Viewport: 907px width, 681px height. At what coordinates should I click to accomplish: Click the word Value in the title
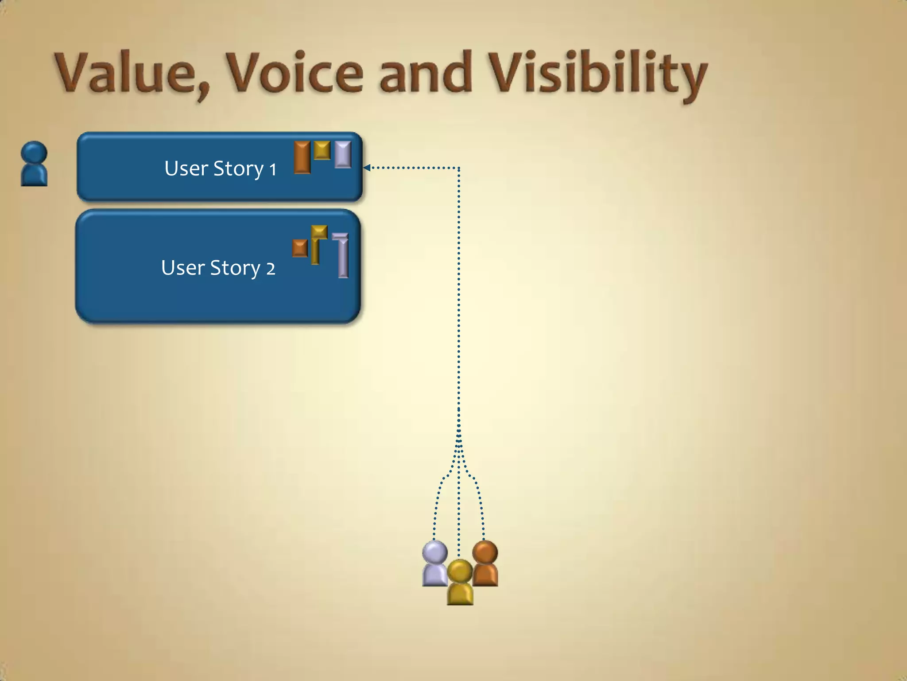click(x=125, y=73)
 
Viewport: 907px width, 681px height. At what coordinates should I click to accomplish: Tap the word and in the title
click(x=426, y=73)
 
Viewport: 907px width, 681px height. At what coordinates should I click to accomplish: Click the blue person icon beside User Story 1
click(x=34, y=164)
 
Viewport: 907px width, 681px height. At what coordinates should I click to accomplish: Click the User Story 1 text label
click(x=220, y=168)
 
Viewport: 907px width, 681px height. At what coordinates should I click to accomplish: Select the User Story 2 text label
click(x=218, y=268)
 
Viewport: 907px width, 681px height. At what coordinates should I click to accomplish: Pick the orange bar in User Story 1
click(x=302, y=157)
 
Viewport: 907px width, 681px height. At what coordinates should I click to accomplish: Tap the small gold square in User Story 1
click(x=322, y=150)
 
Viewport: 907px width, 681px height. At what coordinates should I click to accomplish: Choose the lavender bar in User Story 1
click(x=343, y=154)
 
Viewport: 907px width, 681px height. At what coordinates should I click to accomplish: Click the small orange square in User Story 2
click(x=300, y=248)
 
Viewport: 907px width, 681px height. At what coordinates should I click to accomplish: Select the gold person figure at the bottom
click(x=460, y=583)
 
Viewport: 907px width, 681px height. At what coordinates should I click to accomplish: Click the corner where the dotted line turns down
click(x=459, y=168)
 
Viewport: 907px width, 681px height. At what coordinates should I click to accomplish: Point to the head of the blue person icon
click(x=34, y=152)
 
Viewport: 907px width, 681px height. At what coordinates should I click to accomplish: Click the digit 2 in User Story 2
click(x=270, y=269)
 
